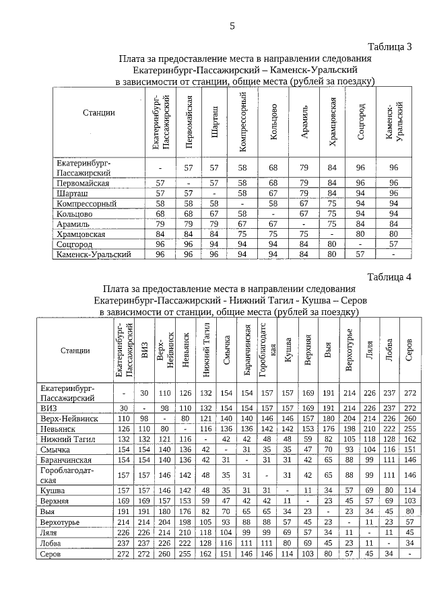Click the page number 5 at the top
232,26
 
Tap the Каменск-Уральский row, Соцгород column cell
362,255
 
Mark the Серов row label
53,553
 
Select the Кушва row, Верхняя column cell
308,491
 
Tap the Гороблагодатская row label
63,476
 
